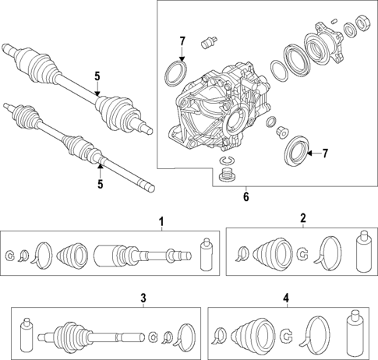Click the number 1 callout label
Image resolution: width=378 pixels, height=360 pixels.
click(162, 224)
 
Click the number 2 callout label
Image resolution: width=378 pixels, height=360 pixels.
click(302, 219)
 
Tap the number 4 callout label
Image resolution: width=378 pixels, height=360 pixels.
click(286, 298)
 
